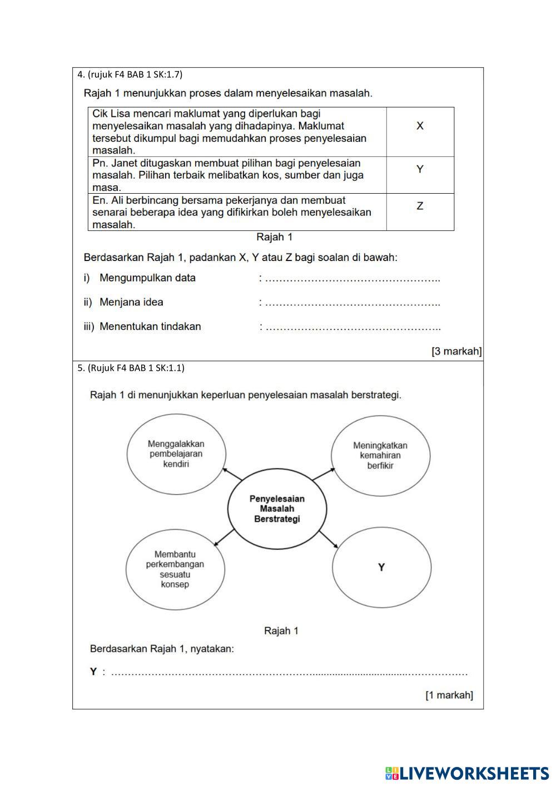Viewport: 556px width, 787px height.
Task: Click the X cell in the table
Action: pos(420,126)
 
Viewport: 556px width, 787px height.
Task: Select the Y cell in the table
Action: pos(420,169)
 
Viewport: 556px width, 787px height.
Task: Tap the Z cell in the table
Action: pos(420,206)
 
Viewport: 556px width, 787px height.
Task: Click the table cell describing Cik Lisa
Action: pos(237,132)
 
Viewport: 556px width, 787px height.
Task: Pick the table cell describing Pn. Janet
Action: pos(237,175)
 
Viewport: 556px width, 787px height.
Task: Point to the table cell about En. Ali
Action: pos(237,212)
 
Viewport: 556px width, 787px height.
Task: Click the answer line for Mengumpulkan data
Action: pos(352,278)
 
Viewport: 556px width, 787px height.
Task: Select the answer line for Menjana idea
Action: pos(352,303)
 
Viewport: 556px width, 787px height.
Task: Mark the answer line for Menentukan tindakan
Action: pos(353,327)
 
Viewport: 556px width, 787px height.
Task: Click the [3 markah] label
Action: pos(456,351)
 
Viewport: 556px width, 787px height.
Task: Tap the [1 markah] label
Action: pos(449,695)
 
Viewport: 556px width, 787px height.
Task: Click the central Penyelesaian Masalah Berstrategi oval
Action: pos(277,509)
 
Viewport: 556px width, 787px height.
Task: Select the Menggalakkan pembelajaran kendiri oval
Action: pos(176,454)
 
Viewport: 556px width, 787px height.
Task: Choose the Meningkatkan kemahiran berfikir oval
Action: pos(380,455)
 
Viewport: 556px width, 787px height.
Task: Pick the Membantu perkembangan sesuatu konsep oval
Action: pos(175,569)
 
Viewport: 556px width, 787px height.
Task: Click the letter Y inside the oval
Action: pos(381,567)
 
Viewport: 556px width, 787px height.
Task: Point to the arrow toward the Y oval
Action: pos(329,539)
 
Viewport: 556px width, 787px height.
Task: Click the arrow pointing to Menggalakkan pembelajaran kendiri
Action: pos(232,474)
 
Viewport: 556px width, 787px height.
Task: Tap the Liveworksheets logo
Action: pos(467,773)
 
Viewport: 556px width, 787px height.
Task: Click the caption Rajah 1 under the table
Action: pos(274,237)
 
